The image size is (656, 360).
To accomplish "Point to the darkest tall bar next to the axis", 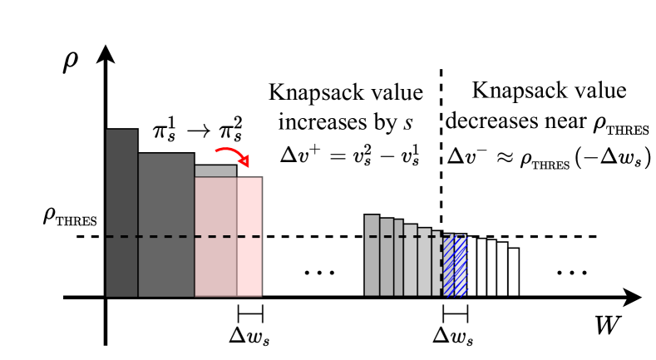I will (x=121, y=213).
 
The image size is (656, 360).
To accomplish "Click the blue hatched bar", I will (x=455, y=265).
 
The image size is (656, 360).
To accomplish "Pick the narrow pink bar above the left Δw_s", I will (x=249, y=236).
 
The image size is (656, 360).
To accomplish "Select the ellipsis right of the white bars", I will (x=571, y=273).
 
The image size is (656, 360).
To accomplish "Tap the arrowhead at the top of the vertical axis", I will (x=105, y=55).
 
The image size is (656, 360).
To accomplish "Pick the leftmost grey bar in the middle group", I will (x=372, y=255).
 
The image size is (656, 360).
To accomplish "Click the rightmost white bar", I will (x=515, y=272).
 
